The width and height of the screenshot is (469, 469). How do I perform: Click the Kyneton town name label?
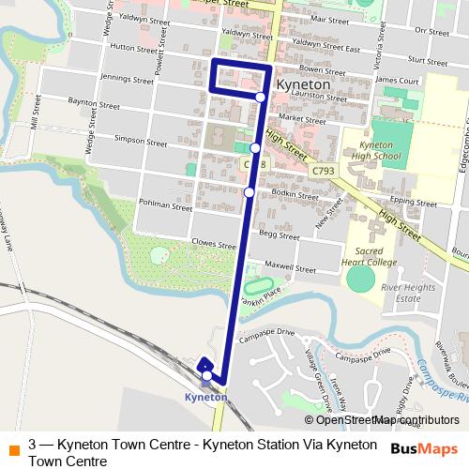point(304,84)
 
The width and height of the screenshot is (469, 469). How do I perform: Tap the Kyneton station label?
point(205,398)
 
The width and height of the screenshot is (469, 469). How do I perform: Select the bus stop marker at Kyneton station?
point(206,377)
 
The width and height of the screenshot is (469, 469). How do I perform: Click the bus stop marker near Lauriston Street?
point(261,96)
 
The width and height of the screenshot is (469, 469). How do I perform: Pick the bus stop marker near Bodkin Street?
point(249,192)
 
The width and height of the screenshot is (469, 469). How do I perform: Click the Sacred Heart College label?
point(372,256)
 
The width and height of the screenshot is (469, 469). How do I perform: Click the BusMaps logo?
point(423,448)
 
